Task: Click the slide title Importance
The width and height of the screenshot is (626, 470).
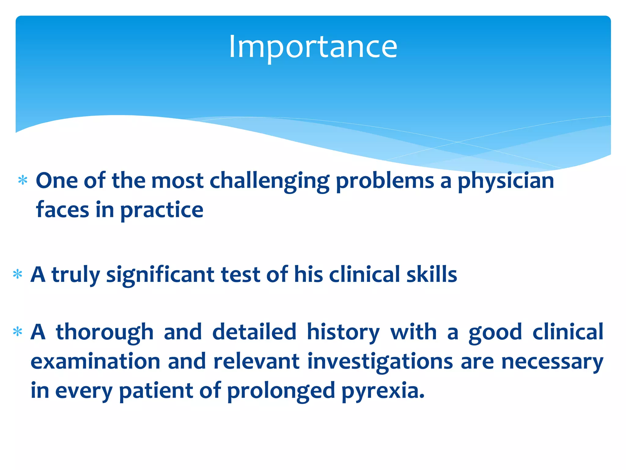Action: [313, 47]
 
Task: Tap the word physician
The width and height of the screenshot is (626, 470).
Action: [506, 181]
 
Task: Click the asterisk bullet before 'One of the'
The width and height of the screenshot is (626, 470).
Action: [23, 181]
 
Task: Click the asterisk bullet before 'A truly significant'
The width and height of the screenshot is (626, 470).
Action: [18, 274]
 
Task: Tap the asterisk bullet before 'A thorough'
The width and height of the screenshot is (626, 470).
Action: [18, 332]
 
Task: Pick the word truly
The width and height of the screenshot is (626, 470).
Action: [75, 274]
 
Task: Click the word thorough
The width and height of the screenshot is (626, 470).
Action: [105, 332]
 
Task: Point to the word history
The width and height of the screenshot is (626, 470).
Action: [343, 332]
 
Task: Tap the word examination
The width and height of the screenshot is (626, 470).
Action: [95, 361]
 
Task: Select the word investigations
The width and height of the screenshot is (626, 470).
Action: [380, 362]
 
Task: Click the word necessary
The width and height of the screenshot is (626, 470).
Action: [552, 362]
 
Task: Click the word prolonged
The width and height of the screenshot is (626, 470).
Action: [281, 391]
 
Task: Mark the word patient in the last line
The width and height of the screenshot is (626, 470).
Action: [156, 390]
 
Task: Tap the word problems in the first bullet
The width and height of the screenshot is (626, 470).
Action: [385, 181]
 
